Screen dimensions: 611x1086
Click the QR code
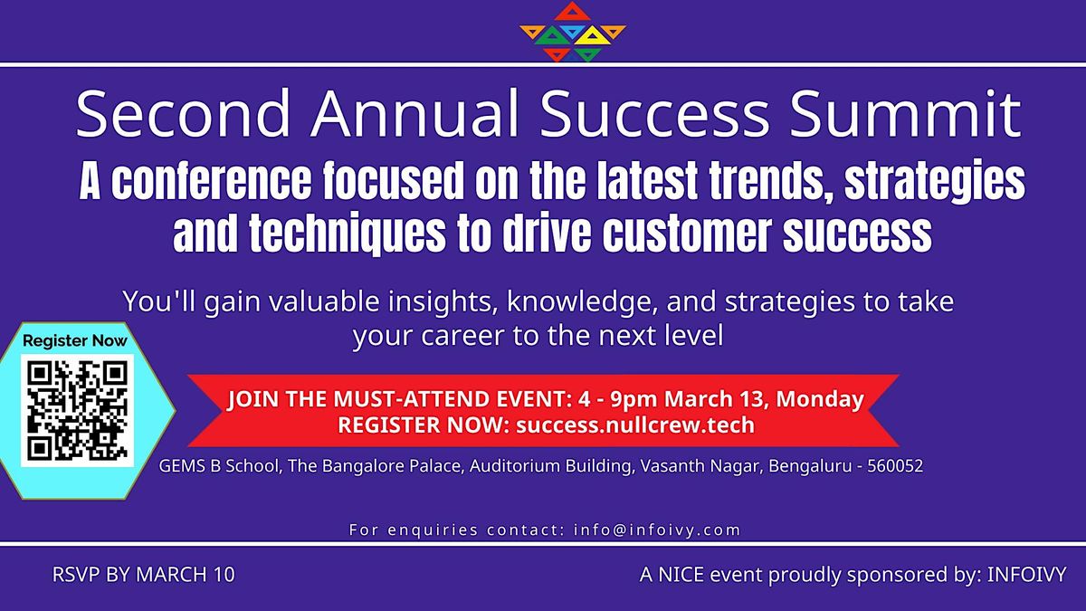click(77, 410)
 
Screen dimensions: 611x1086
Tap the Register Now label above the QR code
click(75, 341)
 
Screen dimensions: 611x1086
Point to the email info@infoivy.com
click(657, 530)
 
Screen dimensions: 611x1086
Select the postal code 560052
click(895, 467)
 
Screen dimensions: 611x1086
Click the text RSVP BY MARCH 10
click(143, 575)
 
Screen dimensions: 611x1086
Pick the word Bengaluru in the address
click(808, 467)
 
